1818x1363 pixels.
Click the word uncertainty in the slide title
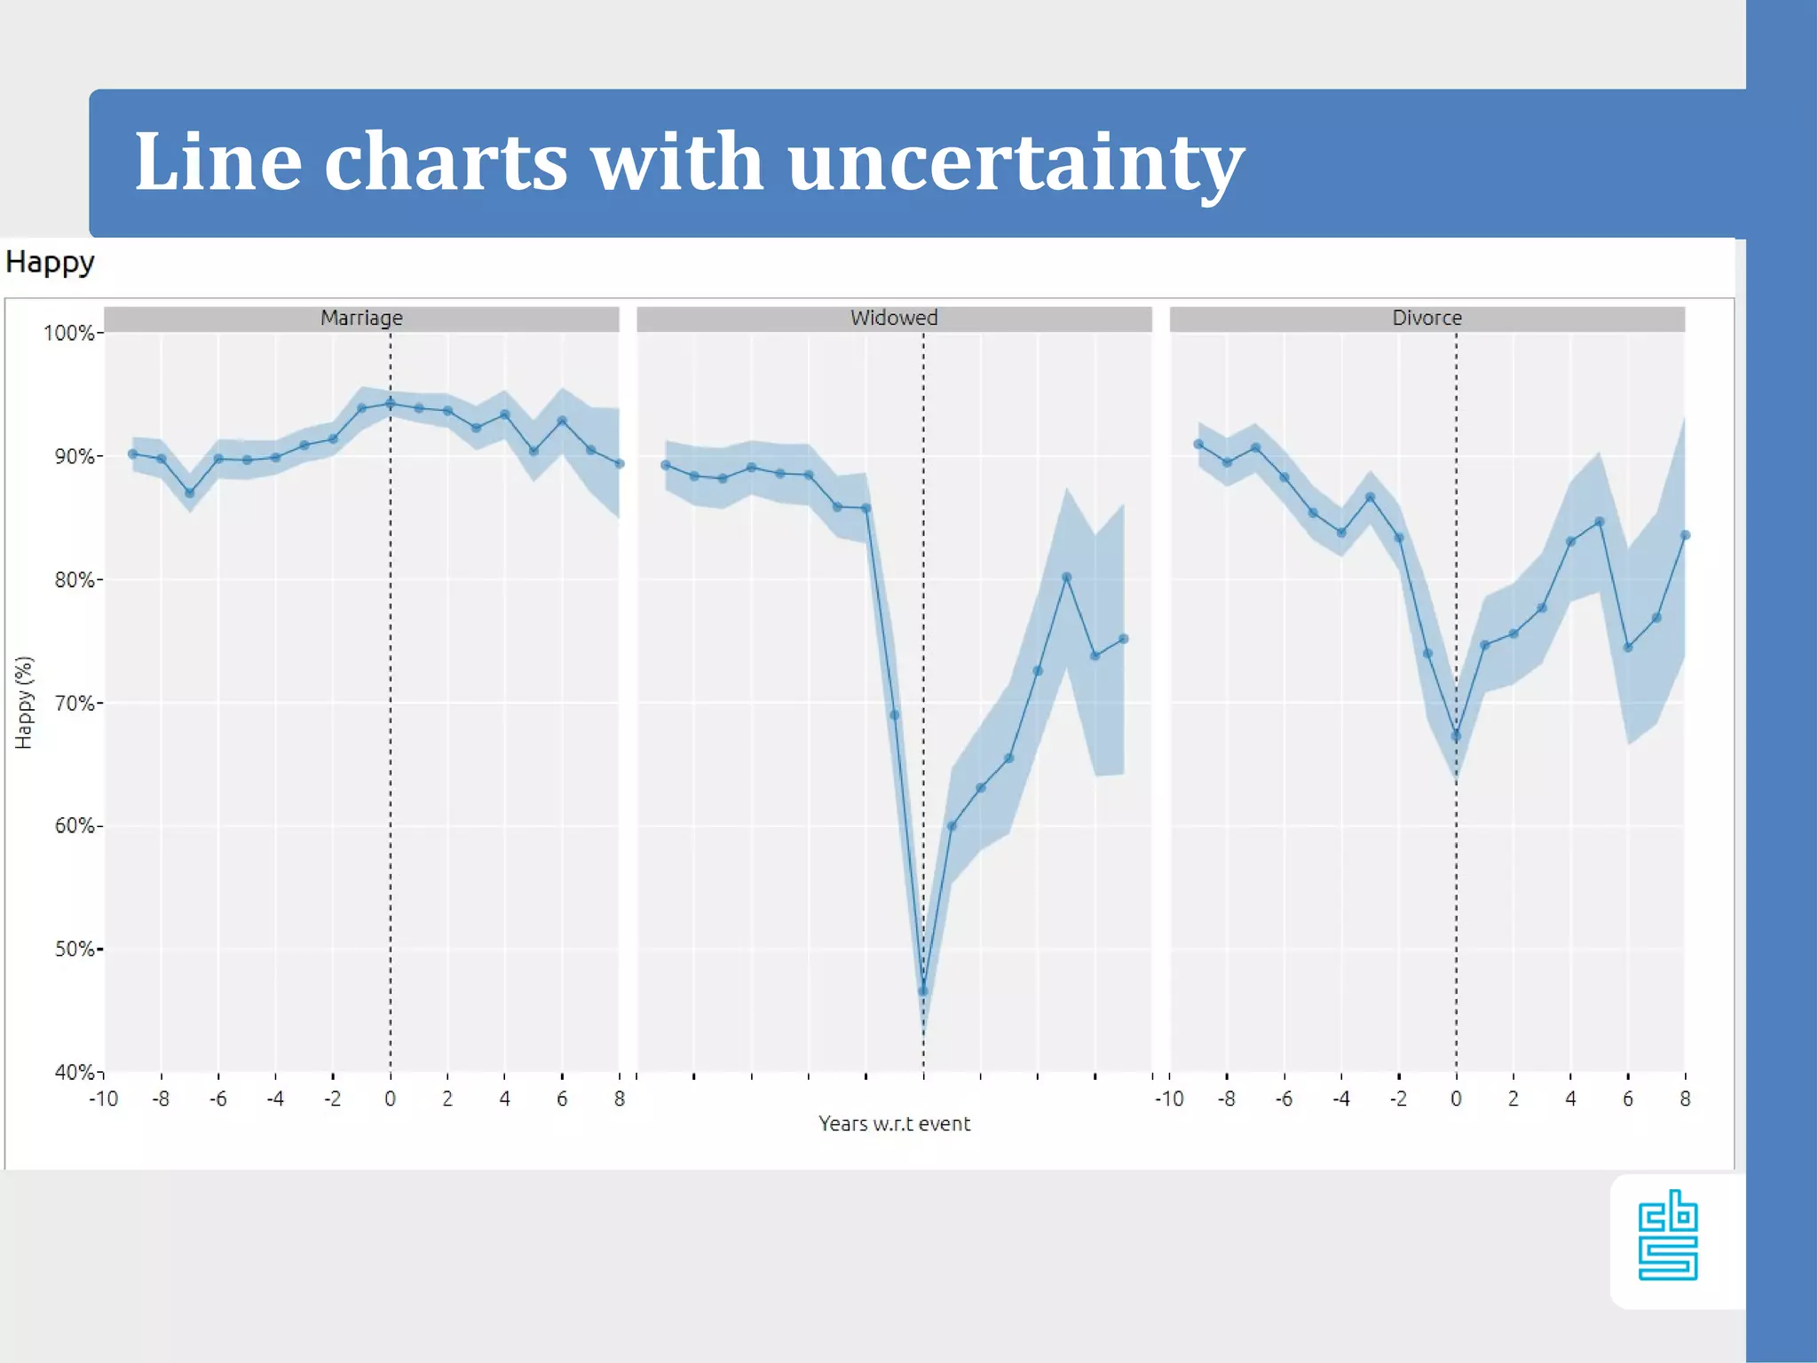(1016, 162)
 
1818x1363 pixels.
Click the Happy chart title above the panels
(50, 263)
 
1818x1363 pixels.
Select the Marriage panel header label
(361, 318)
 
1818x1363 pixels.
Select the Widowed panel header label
(894, 318)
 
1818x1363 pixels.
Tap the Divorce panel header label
(1427, 318)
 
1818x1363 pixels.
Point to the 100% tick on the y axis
(69, 334)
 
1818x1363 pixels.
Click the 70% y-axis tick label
(75, 704)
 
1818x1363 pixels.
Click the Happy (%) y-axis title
(24, 703)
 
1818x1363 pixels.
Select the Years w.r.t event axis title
(894, 1124)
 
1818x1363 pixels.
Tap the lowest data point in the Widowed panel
(923, 991)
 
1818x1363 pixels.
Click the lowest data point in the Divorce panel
(1456, 736)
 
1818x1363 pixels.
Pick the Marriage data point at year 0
(391, 404)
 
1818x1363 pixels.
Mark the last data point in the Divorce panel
(1685, 536)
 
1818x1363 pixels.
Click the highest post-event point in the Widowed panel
(1066, 578)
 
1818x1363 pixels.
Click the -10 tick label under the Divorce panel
(1169, 1099)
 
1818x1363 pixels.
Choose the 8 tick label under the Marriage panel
(620, 1099)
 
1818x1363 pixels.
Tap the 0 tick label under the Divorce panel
(1456, 1099)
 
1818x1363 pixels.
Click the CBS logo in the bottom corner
(1668, 1235)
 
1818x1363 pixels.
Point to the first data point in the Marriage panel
(133, 454)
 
